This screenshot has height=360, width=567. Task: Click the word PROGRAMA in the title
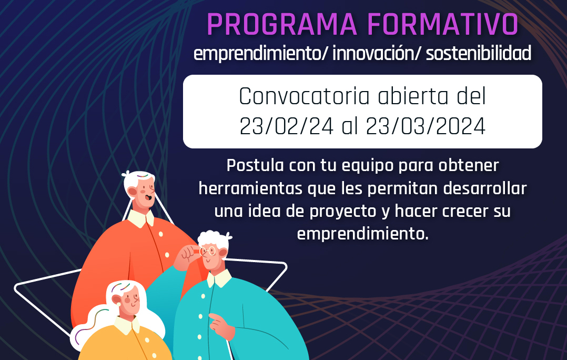tap(282, 25)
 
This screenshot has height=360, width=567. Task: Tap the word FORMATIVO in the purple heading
tap(443, 25)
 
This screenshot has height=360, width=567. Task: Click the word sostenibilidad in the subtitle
tap(479, 53)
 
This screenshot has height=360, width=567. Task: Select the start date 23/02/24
tap(286, 127)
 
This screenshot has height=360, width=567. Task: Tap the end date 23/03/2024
tap(426, 127)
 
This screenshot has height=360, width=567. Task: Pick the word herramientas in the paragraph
tap(250, 188)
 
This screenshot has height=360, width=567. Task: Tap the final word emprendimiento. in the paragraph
tap(363, 234)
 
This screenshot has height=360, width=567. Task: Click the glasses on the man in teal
tap(207, 251)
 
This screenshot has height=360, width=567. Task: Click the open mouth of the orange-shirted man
tap(148, 197)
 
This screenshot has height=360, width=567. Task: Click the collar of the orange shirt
tap(140, 218)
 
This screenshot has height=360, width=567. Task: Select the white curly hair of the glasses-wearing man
tap(214, 239)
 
